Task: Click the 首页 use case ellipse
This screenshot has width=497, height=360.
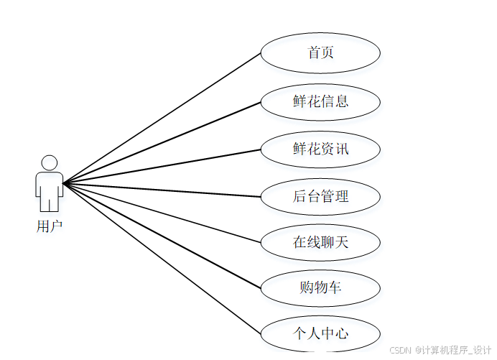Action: click(x=320, y=53)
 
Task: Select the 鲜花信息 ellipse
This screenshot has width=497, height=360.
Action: click(x=320, y=101)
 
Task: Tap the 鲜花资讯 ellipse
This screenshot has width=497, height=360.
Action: click(x=320, y=149)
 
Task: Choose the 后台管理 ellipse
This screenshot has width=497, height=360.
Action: click(x=320, y=196)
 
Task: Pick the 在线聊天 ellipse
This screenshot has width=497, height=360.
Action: click(x=320, y=242)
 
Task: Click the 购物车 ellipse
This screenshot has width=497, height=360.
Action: click(x=320, y=288)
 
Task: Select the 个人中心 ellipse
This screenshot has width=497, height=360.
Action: click(x=320, y=334)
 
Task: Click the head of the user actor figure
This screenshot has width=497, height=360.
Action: click(x=50, y=162)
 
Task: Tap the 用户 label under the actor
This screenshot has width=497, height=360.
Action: click(x=50, y=227)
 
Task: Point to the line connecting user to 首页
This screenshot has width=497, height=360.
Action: click(x=162, y=118)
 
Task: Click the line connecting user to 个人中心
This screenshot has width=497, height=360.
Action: click(x=162, y=259)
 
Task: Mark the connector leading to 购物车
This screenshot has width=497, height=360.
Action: click(x=162, y=236)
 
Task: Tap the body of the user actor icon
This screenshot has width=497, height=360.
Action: click(x=50, y=187)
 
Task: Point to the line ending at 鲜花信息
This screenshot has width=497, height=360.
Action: click(x=162, y=142)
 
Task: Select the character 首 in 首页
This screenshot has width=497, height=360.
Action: click(x=313, y=53)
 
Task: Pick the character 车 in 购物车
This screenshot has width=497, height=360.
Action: click(x=335, y=288)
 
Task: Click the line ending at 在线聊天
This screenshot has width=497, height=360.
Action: click(x=162, y=213)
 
